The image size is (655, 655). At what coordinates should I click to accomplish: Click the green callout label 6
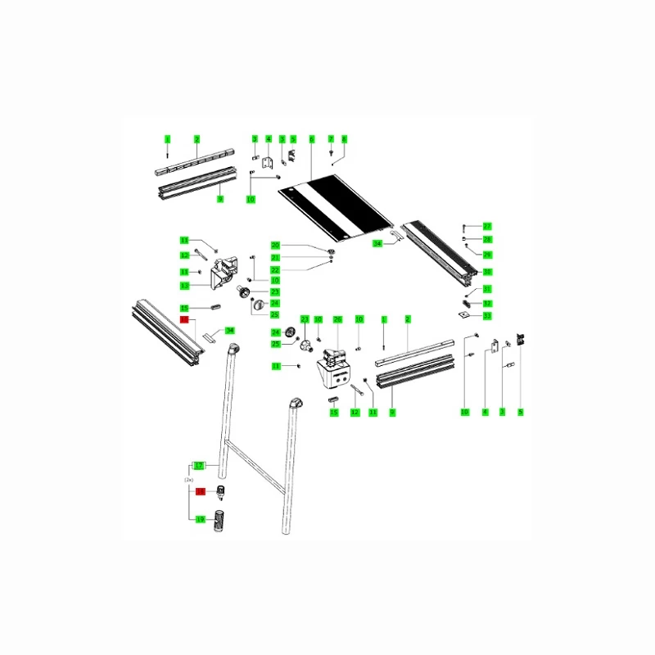coord(312,139)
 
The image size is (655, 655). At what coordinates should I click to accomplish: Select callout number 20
coord(275,246)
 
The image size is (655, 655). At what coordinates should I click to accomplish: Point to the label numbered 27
coord(486,226)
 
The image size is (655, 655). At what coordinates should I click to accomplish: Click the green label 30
coord(486,271)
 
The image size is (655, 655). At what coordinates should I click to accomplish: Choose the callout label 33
coord(486,315)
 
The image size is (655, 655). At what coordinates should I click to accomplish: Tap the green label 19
coord(199,519)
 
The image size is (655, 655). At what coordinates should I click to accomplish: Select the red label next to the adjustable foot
coord(198,491)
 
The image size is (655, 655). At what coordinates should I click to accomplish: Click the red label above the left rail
coord(185,319)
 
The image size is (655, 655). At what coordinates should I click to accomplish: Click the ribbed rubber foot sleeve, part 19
coord(219,521)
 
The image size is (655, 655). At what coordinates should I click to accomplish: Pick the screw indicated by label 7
coord(332,153)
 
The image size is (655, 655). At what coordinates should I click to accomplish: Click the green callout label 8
coord(344,139)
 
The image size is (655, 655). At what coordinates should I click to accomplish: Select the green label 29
coord(486,254)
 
